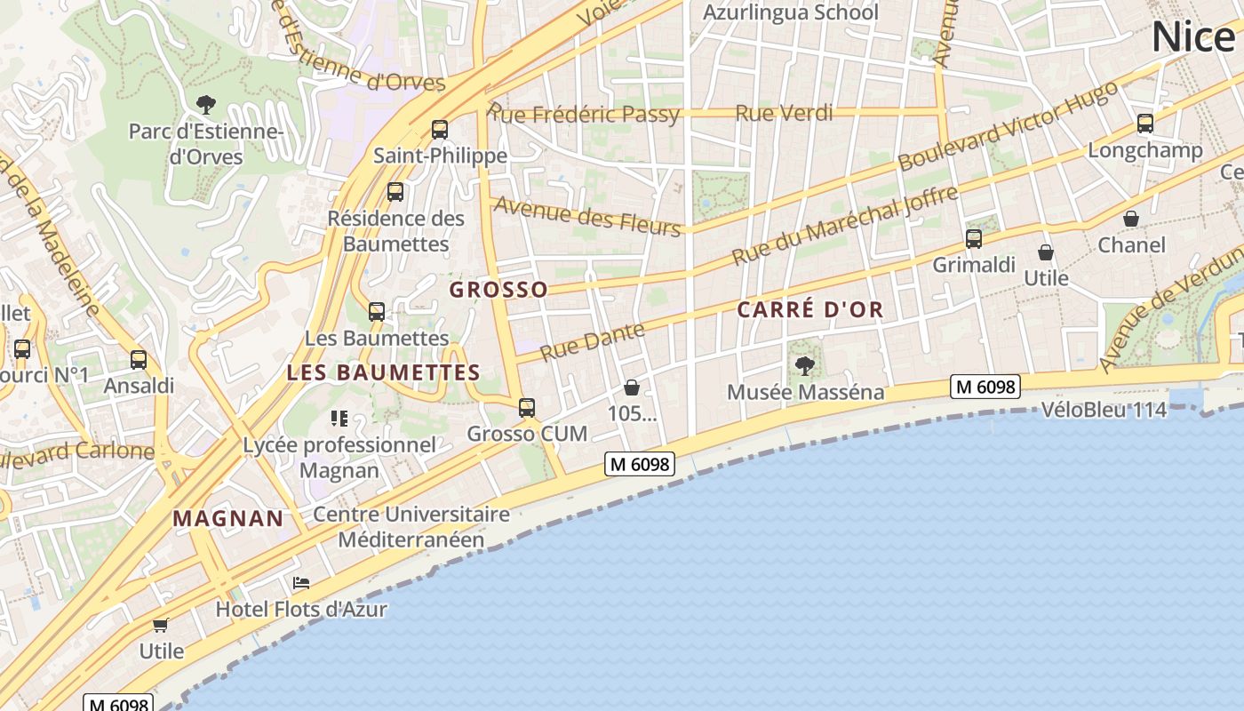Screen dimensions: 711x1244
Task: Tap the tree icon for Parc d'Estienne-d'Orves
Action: tap(206, 105)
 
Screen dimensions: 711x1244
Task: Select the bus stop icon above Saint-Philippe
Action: tap(440, 130)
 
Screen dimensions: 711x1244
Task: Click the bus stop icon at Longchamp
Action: tap(1145, 124)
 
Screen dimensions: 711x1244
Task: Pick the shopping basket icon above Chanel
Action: tap(1131, 219)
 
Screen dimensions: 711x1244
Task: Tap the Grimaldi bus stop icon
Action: tap(974, 239)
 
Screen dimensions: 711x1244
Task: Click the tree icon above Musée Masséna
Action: tap(805, 365)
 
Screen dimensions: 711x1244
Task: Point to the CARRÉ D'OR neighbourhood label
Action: tap(810, 310)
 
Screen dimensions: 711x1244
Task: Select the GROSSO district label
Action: tap(498, 290)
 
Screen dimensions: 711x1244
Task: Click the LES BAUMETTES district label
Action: tap(383, 373)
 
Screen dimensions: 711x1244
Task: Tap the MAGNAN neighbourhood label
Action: tap(228, 519)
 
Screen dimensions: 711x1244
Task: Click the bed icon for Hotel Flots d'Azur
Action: tap(301, 584)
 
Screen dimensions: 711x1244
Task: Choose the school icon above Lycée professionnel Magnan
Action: tap(339, 418)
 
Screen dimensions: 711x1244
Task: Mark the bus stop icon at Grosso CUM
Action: tap(527, 408)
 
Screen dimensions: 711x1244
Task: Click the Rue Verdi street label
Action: tap(785, 113)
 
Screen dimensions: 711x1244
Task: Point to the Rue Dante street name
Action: tap(592, 341)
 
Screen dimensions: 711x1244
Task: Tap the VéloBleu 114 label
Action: tap(1103, 410)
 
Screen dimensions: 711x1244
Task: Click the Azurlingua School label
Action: tap(790, 12)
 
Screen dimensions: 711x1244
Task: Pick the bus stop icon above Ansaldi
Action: tap(139, 360)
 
